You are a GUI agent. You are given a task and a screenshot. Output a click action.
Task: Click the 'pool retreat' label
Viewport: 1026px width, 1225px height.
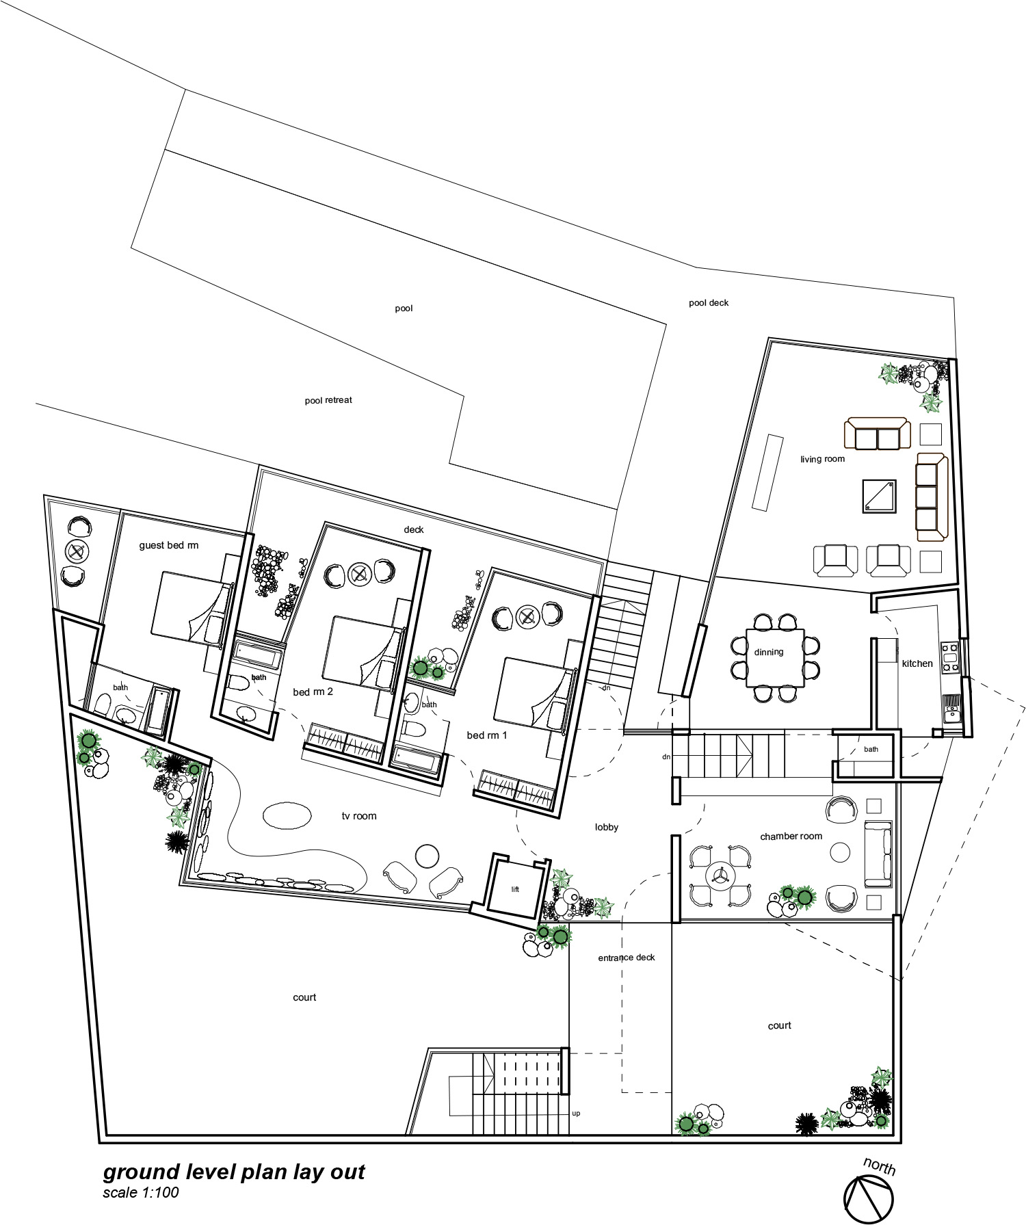click(328, 400)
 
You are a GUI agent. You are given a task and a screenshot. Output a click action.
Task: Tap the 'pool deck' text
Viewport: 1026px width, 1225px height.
click(709, 302)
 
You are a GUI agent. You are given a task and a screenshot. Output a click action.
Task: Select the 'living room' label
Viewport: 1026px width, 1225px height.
click(822, 459)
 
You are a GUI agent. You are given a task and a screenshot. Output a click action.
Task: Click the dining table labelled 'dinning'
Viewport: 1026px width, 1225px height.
click(775, 658)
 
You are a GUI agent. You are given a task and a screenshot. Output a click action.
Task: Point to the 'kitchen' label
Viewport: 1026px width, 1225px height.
click(917, 663)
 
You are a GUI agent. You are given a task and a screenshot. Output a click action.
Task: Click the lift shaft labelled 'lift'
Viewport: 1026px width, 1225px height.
click(516, 887)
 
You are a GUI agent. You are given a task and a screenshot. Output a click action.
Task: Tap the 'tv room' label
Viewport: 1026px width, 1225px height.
click(359, 816)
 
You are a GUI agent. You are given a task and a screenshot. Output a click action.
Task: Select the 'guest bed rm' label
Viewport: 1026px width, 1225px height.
click(168, 545)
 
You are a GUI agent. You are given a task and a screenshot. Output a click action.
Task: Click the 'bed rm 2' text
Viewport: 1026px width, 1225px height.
click(313, 691)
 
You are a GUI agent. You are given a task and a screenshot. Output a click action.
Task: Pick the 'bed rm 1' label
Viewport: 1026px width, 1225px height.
click(487, 735)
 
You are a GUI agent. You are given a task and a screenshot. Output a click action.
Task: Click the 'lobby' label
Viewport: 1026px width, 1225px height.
click(606, 827)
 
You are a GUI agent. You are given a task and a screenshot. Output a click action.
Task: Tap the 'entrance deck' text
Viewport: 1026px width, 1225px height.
click(627, 958)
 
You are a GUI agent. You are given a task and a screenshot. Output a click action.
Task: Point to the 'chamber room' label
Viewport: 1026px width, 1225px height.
click(791, 836)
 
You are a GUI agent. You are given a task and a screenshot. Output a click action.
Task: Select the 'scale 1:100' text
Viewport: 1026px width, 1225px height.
click(141, 1192)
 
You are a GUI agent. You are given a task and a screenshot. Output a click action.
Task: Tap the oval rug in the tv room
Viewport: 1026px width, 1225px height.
click(287, 815)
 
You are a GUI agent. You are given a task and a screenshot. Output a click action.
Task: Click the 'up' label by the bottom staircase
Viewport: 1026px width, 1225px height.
click(576, 1114)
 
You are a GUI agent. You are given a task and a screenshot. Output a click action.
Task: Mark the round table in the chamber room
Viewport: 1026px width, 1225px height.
click(840, 852)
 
